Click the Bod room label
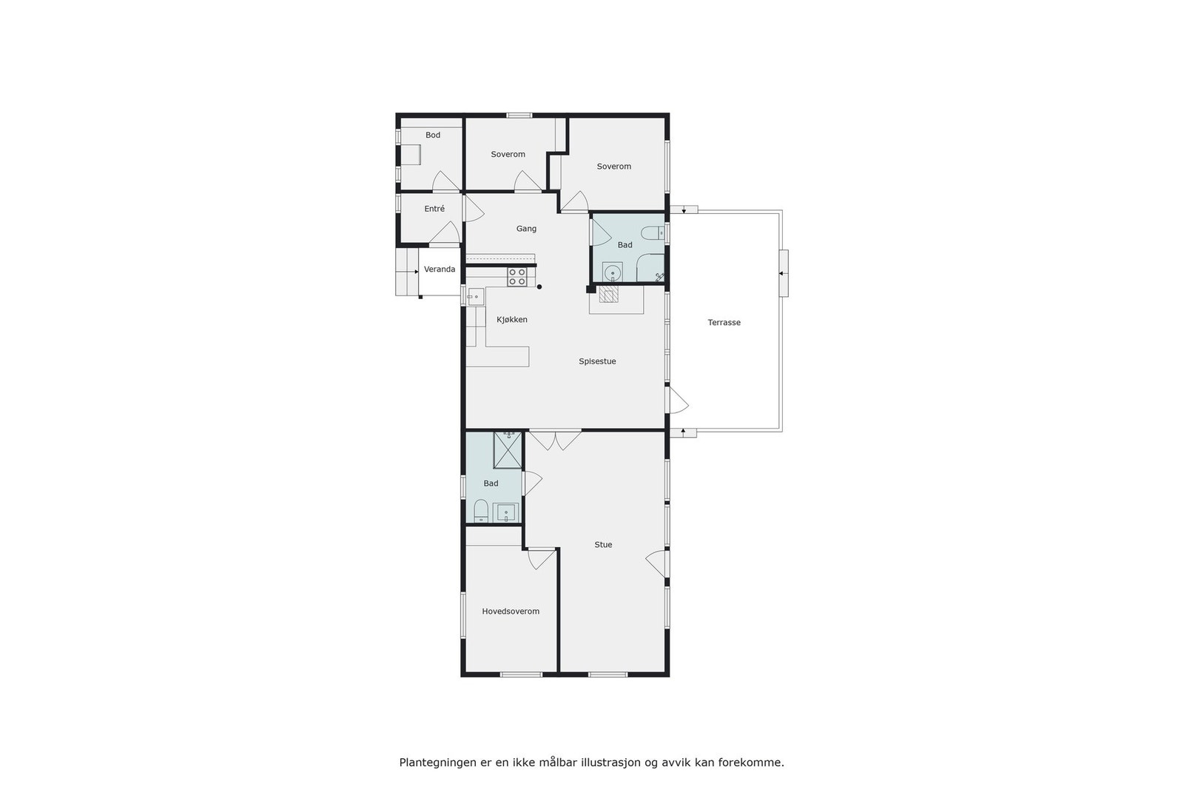tap(433, 135)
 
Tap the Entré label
tap(434, 209)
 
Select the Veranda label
tap(440, 270)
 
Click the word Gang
tap(526, 229)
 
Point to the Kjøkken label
tap(512, 320)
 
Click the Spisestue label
tap(597, 361)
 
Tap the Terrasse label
tap(724, 323)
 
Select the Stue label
tap(603, 545)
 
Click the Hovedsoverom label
tap(511, 612)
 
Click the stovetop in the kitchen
tap(517, 277)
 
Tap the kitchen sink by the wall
tap(474, 297)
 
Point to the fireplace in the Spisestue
tap(608, 296)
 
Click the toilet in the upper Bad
tap(652, 234)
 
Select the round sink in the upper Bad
tap(612, 273)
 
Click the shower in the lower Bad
tap(508, 449)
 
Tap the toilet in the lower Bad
tap(481, 511)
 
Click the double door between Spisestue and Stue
tap(555, 440)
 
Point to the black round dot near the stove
tap(539, 287)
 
